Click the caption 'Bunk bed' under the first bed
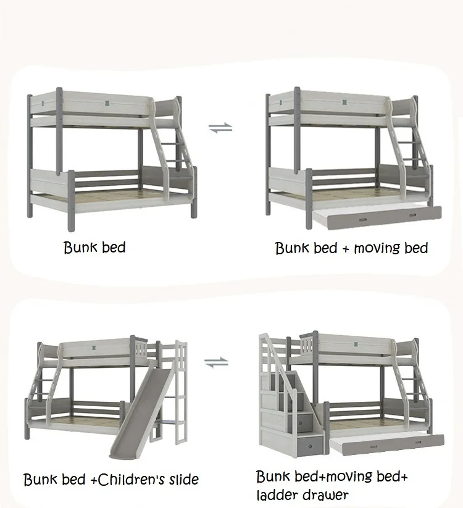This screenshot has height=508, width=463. pyautogui.click(x=94, y=248)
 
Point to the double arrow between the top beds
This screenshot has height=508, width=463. pyautogui.click(x=220, y=128)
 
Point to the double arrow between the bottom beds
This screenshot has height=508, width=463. pyautogui.click(x=216, y=362)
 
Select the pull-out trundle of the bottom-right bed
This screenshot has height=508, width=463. pyautogui.click(x=386, y=443)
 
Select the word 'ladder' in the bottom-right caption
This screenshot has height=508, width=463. pyautogui.click(x=276, y=494)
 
